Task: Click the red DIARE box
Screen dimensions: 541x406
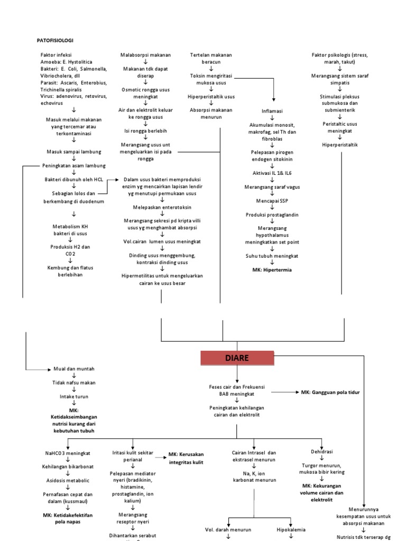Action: [237, 358]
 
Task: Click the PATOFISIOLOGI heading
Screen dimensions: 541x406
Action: [56, 40]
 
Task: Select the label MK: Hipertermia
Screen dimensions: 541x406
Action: [272, 269]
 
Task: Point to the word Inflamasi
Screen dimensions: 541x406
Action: [272, 111]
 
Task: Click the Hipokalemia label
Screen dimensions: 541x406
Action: [291, 529]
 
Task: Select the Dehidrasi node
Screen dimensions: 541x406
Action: [322, 451]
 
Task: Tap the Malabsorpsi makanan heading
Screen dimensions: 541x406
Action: [145, 54]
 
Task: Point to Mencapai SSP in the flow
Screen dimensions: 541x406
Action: [272, 201]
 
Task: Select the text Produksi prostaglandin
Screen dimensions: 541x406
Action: [272, 214]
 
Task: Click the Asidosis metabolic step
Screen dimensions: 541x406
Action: [67, 480]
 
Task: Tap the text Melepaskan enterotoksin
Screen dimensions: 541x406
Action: [161, 208]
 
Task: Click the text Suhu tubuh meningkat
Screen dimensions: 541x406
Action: [272, 256]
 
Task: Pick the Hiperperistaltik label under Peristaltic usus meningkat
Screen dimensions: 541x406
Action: [340, 145]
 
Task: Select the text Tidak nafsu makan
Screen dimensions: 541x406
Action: [73, 382]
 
